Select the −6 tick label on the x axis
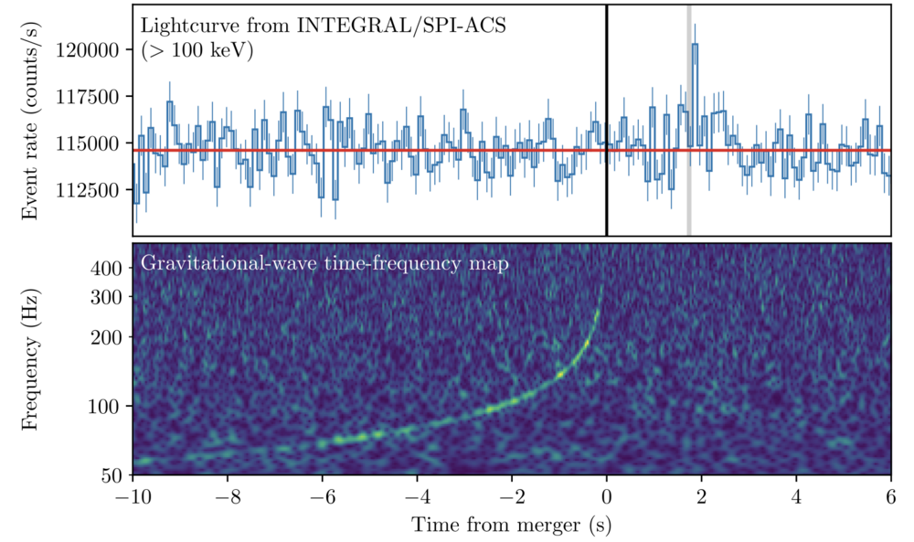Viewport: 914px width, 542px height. point(322,499)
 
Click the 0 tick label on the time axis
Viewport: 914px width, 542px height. point(607,499)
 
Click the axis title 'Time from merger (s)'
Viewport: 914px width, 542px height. point(511,526)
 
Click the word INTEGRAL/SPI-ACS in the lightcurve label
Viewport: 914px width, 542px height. point(401,26)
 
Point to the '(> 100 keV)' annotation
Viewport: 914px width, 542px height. point(197,51)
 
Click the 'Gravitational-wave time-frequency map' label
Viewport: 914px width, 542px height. point(324,264)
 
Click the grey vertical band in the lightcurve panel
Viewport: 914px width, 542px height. point(688,183)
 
